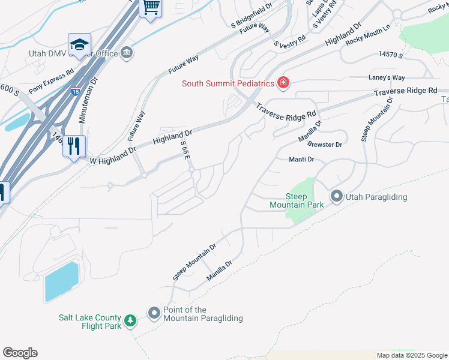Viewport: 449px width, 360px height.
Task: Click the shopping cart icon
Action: tap(151, 8)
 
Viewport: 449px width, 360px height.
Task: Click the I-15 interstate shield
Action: tap(75, 92)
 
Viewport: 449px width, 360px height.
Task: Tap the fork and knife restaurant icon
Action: tap(74, 146)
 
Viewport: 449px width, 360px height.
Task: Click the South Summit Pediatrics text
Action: tap(228, 83)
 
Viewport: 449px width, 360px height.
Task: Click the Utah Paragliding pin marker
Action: tap(336, 196)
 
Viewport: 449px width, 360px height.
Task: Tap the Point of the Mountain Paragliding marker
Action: tap(154, 313)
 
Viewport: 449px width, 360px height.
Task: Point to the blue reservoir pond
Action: tap(61, 281)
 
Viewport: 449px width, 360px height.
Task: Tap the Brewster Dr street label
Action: tap(324, 145)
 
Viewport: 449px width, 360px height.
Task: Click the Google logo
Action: tap(20, 353)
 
